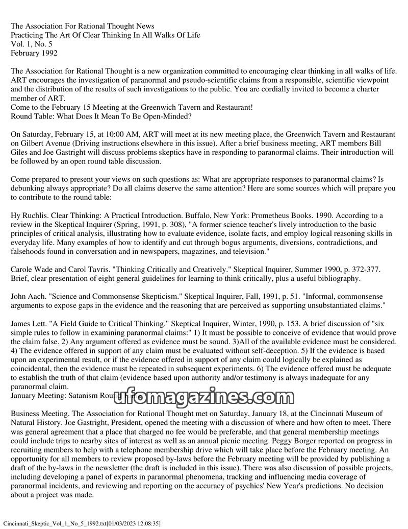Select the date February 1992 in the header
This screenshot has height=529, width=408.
[34, 53]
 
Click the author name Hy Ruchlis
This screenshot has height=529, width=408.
[30, 215]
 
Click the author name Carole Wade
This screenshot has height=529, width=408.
[33, 270]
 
